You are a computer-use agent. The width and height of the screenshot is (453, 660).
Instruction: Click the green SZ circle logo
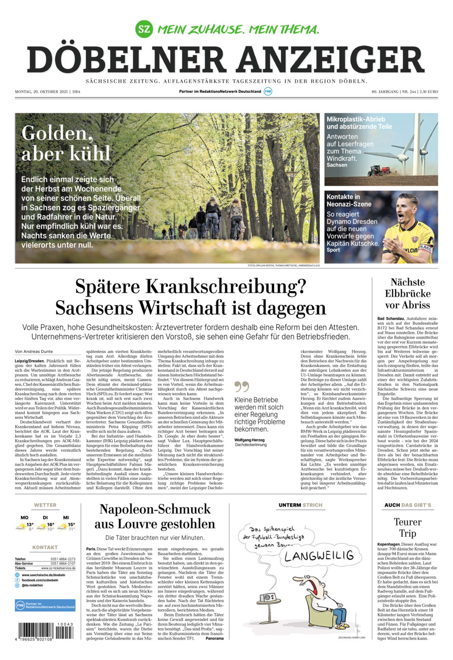tap(144, 28)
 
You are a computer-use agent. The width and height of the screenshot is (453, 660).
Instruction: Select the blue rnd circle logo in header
tap(268, 91)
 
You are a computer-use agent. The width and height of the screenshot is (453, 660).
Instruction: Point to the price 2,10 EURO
tap(428, 91)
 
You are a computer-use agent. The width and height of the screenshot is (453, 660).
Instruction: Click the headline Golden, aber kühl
tap(66, 143)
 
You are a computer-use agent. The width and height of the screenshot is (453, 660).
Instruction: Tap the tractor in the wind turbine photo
tap(375, 170)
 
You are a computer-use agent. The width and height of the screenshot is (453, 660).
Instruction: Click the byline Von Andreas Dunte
tap(34, 351)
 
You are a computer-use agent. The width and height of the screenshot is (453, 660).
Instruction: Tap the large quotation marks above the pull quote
tap(242, 387)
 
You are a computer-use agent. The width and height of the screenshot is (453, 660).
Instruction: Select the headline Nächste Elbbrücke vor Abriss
tap(407, 293)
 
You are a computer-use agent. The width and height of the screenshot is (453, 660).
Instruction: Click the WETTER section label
tap(45, 505)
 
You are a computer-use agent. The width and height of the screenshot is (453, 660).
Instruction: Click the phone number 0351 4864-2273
tap(63, 559)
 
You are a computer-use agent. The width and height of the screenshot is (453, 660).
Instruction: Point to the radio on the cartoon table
tap(269, 597)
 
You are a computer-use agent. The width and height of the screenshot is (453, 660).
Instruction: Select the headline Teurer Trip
tap(407, 527)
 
